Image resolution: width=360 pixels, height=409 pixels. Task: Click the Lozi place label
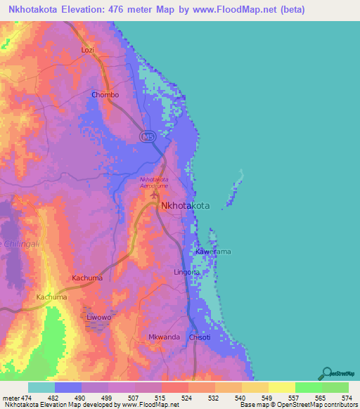tap(88, 51)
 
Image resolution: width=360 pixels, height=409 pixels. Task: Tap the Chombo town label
tap(105, 95)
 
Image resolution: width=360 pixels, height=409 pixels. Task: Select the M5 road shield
tap(147, 137)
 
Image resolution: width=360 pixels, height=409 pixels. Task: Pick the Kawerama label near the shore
tap(213, 251)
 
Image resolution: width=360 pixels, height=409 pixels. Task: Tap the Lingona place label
tap(187, 271)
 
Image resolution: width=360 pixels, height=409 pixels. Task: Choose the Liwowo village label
tap(99, 318)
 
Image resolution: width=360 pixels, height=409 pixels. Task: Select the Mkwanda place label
tap(164, 337)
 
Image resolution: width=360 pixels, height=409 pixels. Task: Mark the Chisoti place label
tap(200, 337)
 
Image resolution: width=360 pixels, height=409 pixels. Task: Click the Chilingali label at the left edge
tap(15, 243)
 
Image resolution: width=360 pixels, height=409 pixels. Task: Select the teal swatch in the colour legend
tap(41, 387)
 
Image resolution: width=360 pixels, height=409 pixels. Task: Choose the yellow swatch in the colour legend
tap(281, 387)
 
